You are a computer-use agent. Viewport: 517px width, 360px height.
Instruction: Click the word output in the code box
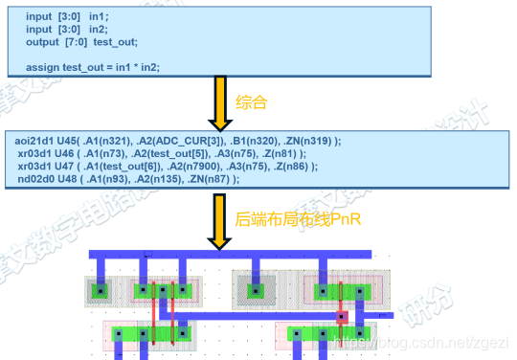coord(42,41)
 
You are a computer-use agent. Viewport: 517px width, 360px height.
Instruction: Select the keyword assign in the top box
coord(42,67)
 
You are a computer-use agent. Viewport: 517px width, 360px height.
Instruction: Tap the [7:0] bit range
coord(79,41)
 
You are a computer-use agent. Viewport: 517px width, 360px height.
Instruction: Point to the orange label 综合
coord(250,101)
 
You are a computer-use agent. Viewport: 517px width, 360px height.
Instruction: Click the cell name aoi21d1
coord(40,141)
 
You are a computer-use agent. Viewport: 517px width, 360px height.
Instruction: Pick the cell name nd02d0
coord(37,178)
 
